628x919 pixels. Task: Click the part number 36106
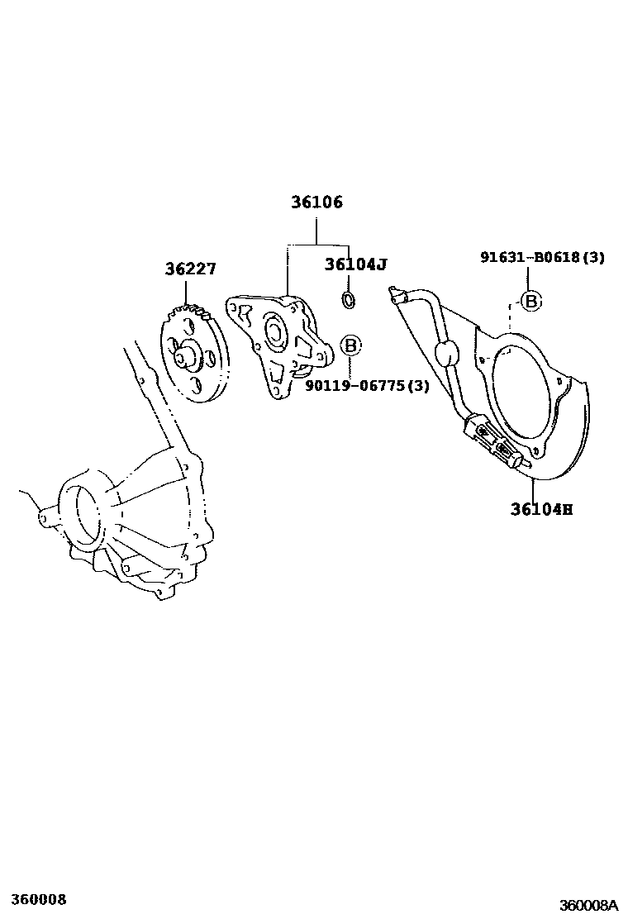pos(316,202)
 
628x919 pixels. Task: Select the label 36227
pos(190,269)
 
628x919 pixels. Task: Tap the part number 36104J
pos(356,264)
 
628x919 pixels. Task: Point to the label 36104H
pos(541,509)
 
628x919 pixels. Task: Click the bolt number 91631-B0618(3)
pos(542,258)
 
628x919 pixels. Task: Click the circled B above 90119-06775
pos(350,345)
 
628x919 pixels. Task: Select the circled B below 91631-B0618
pos(531,302)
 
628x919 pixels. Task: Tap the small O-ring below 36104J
pos(349,299)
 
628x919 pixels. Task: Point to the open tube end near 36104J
pos(394,291)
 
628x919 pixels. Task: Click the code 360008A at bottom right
pos(588,904)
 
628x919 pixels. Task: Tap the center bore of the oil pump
pos(273,331)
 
